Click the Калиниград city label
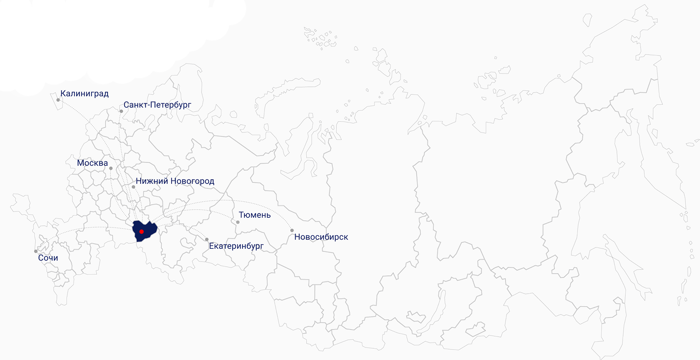84,94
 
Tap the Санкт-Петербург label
157,105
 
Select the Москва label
92,163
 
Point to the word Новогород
192,181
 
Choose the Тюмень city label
254,215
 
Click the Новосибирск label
321,237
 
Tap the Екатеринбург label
236,246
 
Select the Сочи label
48,258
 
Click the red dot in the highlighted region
141,232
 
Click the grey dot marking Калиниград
58,100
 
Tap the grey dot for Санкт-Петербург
121,111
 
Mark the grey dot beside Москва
111,169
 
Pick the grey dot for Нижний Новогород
133,187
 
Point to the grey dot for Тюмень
238,222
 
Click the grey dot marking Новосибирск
292,231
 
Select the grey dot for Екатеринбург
207,240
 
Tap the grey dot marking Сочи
36,251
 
